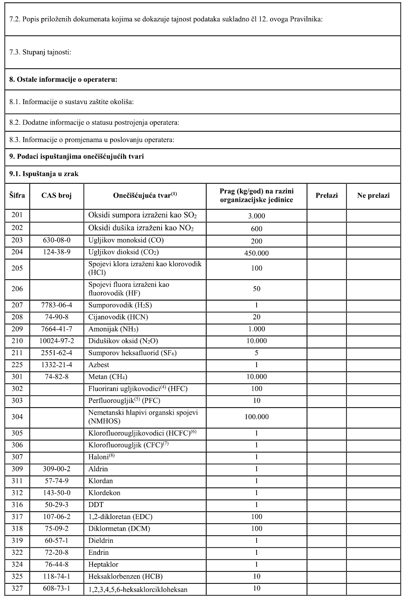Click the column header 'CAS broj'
[57, 195]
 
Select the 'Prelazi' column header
[326, 195]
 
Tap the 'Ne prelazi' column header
[373, 195]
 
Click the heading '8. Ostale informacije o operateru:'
[63, 79]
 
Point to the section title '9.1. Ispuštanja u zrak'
[44, 174]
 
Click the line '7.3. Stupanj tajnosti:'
[40, 52]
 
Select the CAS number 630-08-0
[57, 240]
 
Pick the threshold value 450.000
[256, 253]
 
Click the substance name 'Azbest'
[99, 365]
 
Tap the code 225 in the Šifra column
[17, 365]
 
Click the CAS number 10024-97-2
[57, 341]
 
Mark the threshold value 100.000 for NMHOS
[256, 417]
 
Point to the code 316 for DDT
[17, 505]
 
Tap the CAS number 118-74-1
[57, 576]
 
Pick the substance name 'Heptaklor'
[103, 564]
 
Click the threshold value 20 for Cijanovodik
[256, 317]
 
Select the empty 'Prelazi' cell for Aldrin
[326, 469]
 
